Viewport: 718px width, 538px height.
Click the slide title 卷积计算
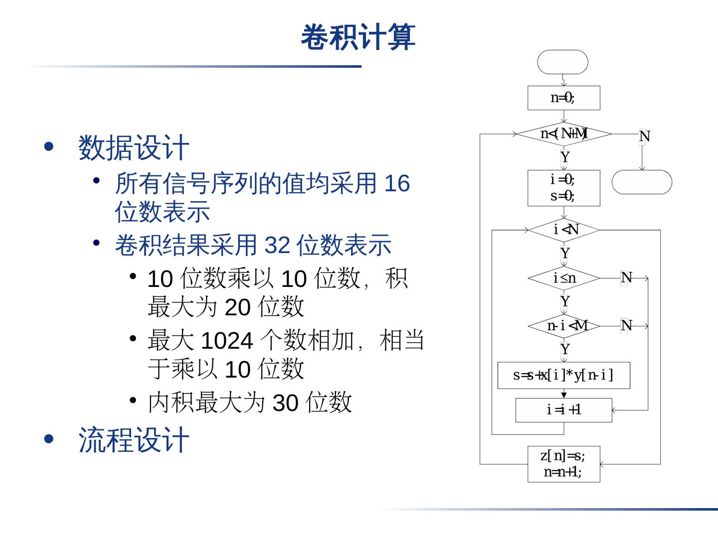pos(358,37)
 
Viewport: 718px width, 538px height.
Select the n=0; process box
pos(563,98)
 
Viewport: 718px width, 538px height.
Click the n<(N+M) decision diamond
pos(563,134)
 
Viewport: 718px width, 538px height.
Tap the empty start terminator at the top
pos(562,62)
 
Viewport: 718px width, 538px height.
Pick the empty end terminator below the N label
pos(642,182)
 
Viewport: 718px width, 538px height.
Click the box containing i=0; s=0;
pos(563,188)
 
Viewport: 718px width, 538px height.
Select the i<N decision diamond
pos(563,230)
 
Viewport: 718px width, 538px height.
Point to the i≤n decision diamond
pos(563,278)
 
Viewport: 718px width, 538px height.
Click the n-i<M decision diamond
pos(563,326)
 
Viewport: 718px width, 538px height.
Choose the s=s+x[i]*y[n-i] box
pos(563,375)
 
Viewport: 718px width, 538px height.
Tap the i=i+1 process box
pos(563,410)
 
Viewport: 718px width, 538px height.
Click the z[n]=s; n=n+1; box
pos(563,464)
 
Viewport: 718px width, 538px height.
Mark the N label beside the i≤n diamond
pos(626,278)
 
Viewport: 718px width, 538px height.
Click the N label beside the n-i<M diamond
pos(626,326)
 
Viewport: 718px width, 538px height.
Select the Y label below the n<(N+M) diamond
pos(564,157)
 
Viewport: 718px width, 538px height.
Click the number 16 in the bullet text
pos(397,183)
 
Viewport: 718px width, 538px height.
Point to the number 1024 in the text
pos(227,341)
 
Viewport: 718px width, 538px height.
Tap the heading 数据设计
pos(134,148)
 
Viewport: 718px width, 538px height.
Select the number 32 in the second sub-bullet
pos(277,245)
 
